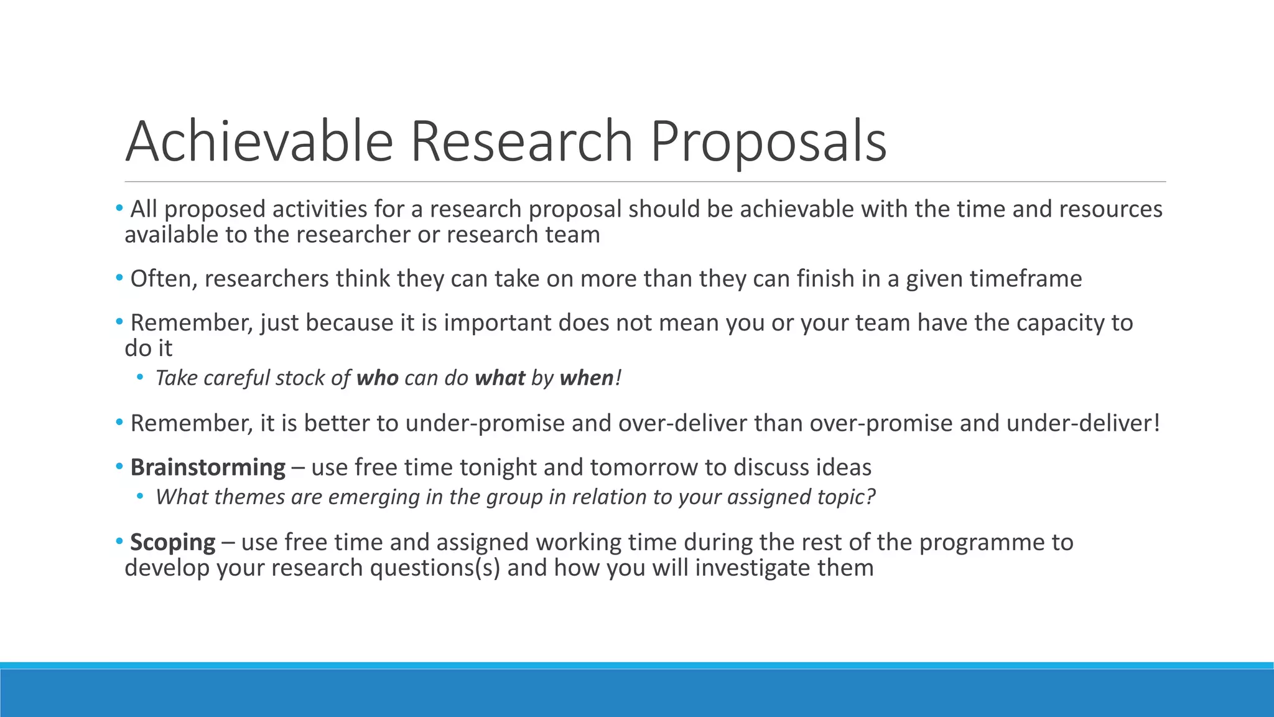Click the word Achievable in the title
point(259,142)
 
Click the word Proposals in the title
point(768,142)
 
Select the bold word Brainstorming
point(208,467)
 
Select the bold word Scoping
point(173,542)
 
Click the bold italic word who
point(377,378)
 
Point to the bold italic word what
point(500,378)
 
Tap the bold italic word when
point(587,378)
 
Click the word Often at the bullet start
point(164,279)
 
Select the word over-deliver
point(682,423)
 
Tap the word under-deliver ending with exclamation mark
point(1082,423)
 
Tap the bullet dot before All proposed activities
point(119,208)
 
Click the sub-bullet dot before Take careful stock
point(140,377)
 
